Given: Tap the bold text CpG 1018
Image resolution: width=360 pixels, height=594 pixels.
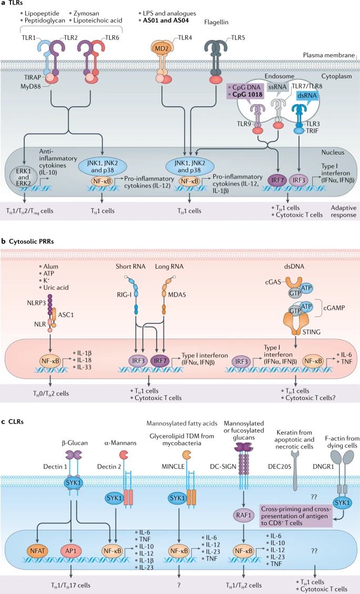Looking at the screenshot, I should [246, 96].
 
